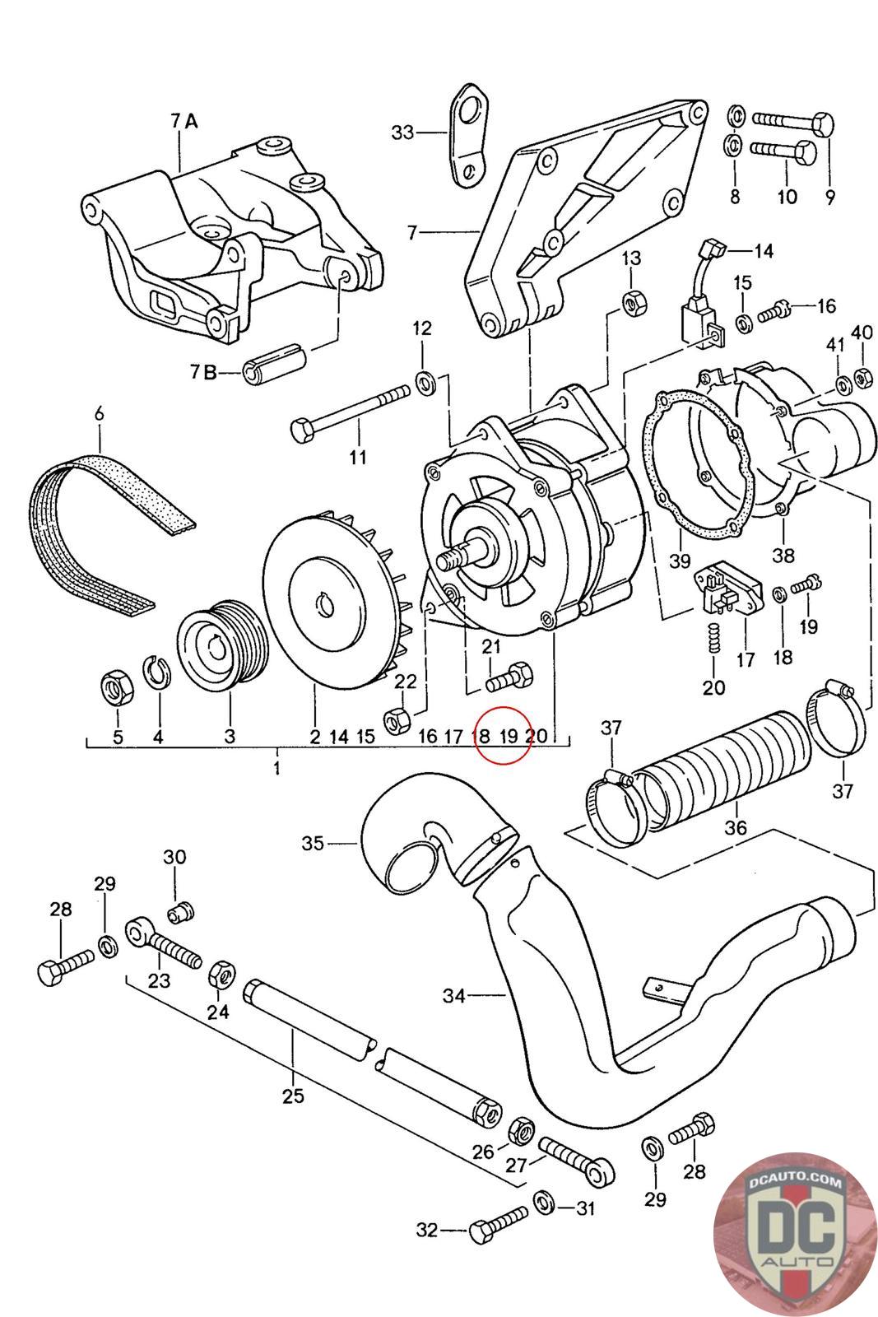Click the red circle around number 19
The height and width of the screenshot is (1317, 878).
(x=503, y=736)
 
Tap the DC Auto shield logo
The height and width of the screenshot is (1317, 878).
(x=795, y=1237)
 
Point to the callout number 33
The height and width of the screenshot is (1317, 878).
(x=402, y=133)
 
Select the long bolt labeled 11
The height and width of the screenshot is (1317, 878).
(x=351, y=412)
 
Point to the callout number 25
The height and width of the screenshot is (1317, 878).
(x=293, y=1096)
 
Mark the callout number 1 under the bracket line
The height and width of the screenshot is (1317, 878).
(x=276, y=767)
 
